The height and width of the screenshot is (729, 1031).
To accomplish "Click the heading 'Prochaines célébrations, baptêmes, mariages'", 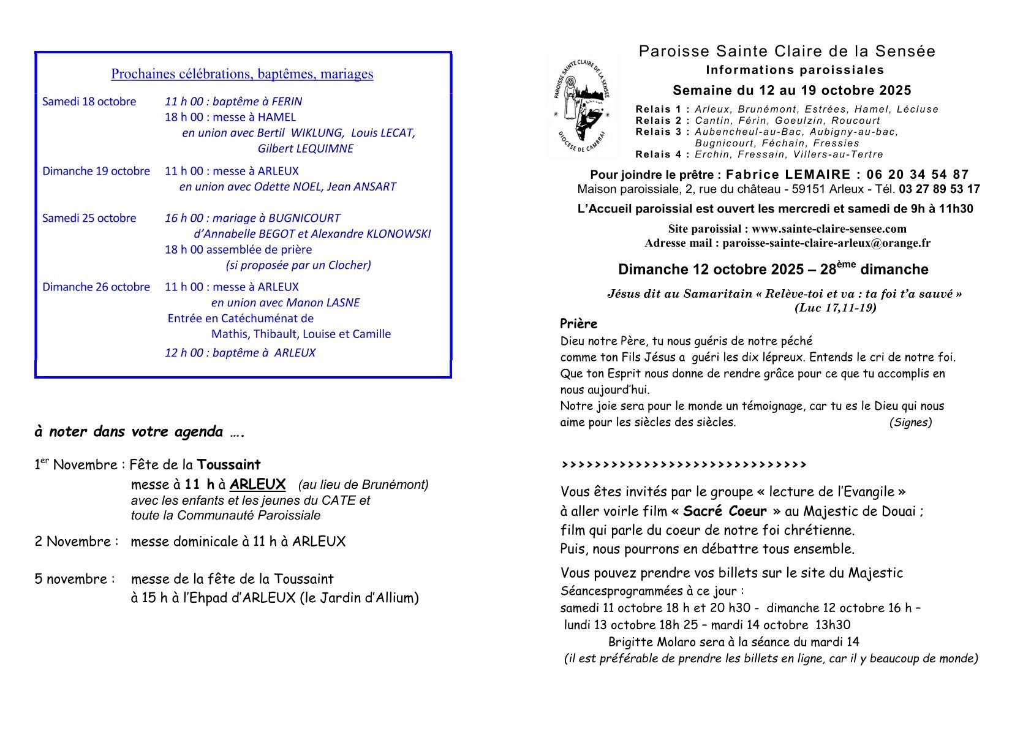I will tap(242, 74).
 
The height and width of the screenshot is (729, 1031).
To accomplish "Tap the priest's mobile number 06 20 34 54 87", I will tap(918, 175).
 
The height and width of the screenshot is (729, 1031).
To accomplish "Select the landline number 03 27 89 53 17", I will tap(939, 189).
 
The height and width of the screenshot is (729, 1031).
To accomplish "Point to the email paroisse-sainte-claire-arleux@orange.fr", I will tap(826, 243).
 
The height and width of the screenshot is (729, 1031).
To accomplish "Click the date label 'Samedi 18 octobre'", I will tap(89, 102).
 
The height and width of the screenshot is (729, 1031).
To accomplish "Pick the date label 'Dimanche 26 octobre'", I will tap(96, 287).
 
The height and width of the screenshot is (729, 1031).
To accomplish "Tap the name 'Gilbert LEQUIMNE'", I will tap(305, 148).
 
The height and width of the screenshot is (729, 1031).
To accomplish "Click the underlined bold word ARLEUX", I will tap(257, 485).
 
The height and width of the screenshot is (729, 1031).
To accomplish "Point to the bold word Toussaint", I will tap(228, 464).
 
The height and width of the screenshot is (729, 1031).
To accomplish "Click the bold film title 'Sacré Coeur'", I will tap(725, 511).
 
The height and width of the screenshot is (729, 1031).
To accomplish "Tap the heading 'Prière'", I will tap(578, 323).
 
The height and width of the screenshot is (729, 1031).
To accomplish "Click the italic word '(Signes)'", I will tap(910, 422).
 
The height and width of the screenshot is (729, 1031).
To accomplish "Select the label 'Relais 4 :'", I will tap(662, 154).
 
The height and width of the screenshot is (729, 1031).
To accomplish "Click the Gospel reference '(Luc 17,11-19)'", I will tap(835, 308).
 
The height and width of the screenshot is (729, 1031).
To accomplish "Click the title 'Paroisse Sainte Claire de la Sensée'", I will tap(787, 51).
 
